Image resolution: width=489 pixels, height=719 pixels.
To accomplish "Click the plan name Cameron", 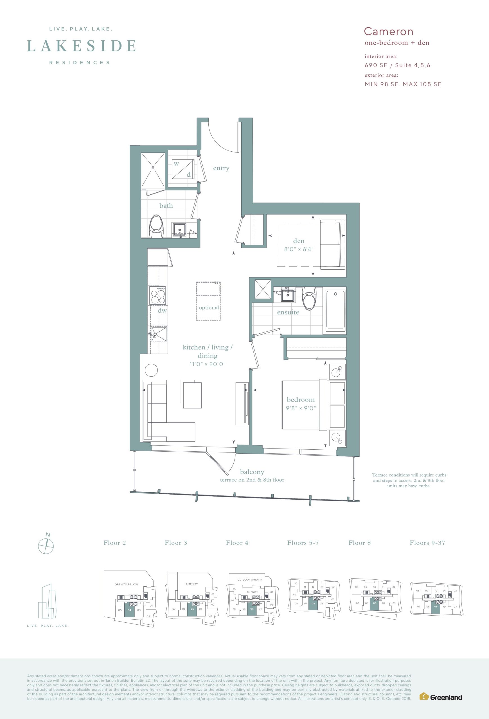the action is [x=388, y=31].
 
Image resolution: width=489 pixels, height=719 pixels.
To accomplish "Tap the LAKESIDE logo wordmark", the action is [x=82, y=46].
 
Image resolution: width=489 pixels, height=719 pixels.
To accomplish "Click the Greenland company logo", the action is [x=440, y=697].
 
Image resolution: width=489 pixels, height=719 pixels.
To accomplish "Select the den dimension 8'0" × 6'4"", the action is [x=299, y=249].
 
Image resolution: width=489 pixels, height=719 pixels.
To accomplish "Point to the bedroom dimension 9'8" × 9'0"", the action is [x=301, y=408].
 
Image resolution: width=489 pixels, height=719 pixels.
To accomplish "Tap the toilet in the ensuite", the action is [x=309, y=298].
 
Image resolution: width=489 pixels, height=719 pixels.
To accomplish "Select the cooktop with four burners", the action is [x=157, y=295].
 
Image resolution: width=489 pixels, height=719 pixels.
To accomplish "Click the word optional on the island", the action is [x=209, y=308].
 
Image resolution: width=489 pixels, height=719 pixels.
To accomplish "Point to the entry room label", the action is [x=221, y=168].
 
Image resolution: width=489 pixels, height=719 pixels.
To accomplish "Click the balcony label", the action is [x=252, y=472].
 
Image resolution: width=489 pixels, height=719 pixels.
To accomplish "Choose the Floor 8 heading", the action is [x=359, y=543].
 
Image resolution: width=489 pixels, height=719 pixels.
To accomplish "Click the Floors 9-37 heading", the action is [x=427, y=543].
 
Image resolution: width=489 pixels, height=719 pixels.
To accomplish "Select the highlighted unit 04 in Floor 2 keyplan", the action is [x=129, y=611].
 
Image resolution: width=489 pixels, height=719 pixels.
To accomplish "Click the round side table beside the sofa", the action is [x=151, y=370].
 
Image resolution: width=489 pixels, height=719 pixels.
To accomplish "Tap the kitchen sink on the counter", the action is [x=159, y=334].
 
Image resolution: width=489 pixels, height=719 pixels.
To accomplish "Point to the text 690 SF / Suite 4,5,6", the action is [x=397, y=65].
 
